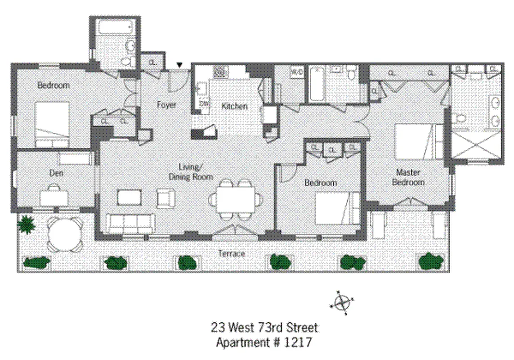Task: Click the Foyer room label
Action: [166, 105]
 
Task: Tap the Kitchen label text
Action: [234, 106]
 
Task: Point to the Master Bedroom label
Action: [408, 177]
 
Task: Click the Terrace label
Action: [232, 254]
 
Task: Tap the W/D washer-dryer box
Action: [297, 72]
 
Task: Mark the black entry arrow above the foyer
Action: [179, 66]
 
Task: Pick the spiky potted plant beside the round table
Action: [27, 224]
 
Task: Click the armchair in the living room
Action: [165, 198]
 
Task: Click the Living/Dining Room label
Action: [190, 172]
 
